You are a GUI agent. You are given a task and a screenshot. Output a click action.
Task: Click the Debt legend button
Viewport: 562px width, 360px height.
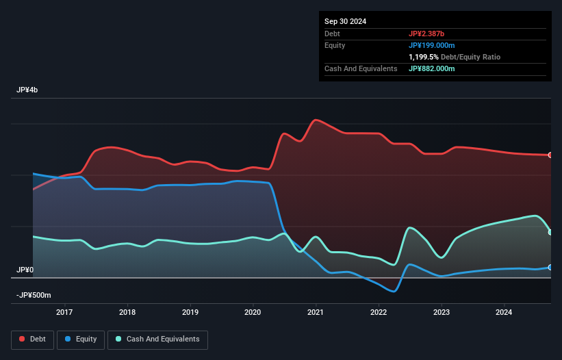tap(32, 339)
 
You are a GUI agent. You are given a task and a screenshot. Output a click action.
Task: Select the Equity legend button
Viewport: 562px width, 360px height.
tap(81, 339)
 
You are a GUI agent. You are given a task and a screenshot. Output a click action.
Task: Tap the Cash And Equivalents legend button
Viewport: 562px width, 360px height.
tap(157, 339)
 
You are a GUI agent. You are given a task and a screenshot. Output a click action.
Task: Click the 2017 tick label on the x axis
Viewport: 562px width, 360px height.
tap(64, 313)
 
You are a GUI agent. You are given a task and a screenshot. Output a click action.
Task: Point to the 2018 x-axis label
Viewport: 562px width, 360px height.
tap(127, 313)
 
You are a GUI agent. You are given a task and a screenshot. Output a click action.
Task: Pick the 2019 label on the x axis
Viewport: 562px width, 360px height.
tap(190, 313)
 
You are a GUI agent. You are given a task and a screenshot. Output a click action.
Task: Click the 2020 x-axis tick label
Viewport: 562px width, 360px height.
tap(253, 313)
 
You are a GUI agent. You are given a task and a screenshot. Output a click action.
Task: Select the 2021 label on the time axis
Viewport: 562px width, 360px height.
tap(316, 313)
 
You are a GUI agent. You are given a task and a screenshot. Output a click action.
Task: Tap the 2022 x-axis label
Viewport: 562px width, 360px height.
tap(379, 313)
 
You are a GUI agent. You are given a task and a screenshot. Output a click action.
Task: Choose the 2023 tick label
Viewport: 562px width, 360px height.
tap(442, 313)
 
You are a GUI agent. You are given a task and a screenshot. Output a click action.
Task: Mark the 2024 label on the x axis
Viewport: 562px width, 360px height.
tap(504, 313)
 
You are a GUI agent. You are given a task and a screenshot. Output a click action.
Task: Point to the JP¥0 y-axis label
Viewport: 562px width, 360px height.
tap(25, 270)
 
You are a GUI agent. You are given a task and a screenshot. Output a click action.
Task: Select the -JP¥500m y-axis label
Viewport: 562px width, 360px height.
tap(34, 296)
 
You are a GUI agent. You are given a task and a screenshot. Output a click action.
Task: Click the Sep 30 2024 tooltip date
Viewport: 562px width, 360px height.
tap(345, 21)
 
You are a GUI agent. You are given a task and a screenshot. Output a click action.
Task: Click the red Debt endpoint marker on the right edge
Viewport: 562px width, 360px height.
tap(550, 155)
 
